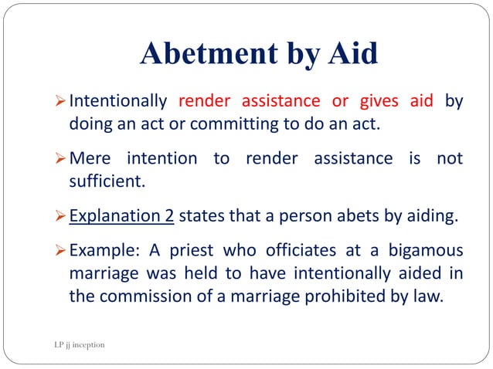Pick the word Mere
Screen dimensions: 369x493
(x=90, y=159)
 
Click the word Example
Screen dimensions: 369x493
(x=99, y=252)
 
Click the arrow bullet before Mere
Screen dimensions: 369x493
(x=61, y=160)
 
